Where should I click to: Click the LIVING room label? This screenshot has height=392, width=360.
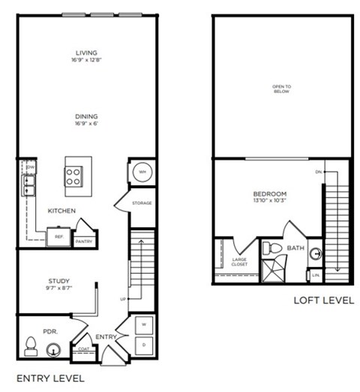(87, 52)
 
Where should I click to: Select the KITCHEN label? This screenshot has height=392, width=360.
(61, 211)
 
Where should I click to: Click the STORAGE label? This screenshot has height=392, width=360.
(142, 203)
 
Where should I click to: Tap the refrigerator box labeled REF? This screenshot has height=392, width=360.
(58, 236)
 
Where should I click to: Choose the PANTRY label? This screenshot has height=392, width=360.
(84, 241)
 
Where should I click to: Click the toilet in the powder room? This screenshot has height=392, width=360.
(31, 347)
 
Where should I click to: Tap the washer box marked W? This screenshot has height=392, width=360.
(143, 325)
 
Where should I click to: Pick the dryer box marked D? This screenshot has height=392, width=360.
(143, 344)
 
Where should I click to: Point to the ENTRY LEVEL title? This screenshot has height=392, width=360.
(50, 377)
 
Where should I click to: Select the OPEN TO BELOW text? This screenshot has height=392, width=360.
(281, 89)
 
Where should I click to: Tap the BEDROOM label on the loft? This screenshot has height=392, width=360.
(270, 195)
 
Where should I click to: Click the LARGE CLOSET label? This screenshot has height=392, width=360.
(240, 262)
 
